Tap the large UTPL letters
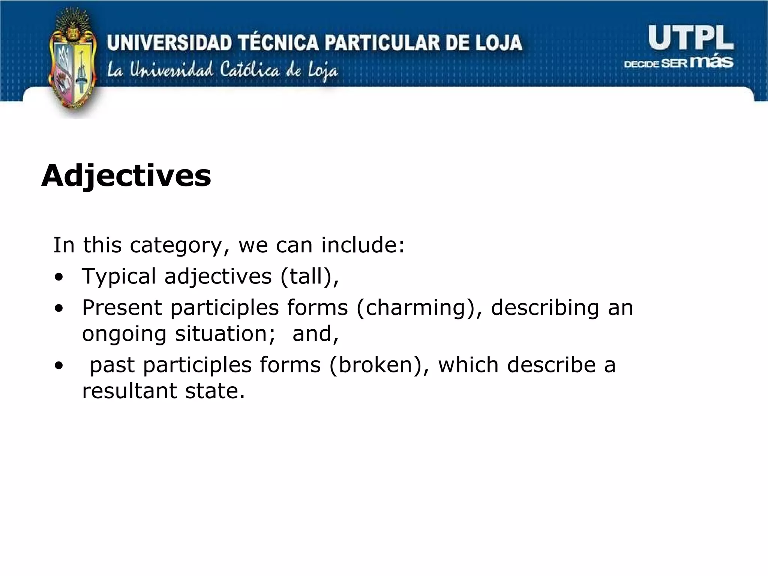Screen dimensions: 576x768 point(691,37)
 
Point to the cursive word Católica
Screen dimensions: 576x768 point(250,70)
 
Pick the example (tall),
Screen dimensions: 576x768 point(309,277)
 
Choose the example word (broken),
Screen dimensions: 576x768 point(379,365)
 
